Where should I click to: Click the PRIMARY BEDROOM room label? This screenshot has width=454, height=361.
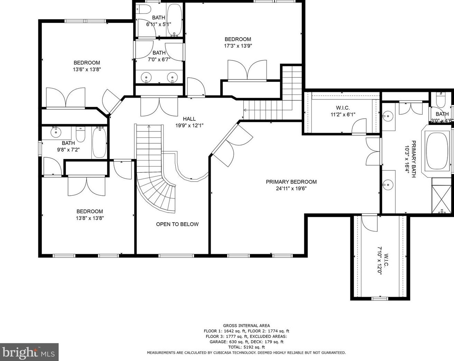[291, 182]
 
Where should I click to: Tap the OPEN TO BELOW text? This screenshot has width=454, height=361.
[177, 224]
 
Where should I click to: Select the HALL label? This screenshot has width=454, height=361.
[189, 119]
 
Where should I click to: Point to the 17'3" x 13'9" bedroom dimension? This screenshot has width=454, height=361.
[238, 46]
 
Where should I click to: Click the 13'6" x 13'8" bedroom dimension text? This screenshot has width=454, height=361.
[87, 69]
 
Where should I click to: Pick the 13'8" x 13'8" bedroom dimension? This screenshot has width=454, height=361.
[90, 218]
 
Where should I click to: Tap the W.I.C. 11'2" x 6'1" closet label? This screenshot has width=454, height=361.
[343, 111]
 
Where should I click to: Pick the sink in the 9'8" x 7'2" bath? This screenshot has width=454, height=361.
[56, 132]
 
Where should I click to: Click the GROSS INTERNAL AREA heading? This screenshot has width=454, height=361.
[246, 325]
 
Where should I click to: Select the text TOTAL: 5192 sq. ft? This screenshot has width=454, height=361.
[246, 347]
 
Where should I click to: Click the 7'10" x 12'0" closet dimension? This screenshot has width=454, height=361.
[380, 261]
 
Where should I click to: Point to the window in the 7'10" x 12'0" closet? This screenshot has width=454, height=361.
[379, 299]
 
